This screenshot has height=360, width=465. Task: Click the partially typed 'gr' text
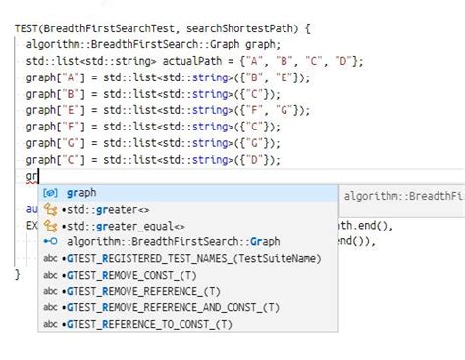click(x=31, y=176)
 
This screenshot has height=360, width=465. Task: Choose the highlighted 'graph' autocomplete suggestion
click(x=81, y=193)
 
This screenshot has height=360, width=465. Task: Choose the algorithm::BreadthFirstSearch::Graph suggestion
click(x=174, y=241)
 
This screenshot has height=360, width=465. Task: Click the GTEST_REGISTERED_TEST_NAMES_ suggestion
click(x=190, y=258)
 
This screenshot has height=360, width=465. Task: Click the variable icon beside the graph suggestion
click(x=51, y=193)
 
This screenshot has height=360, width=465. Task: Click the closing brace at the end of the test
click(x=18, y=274)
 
